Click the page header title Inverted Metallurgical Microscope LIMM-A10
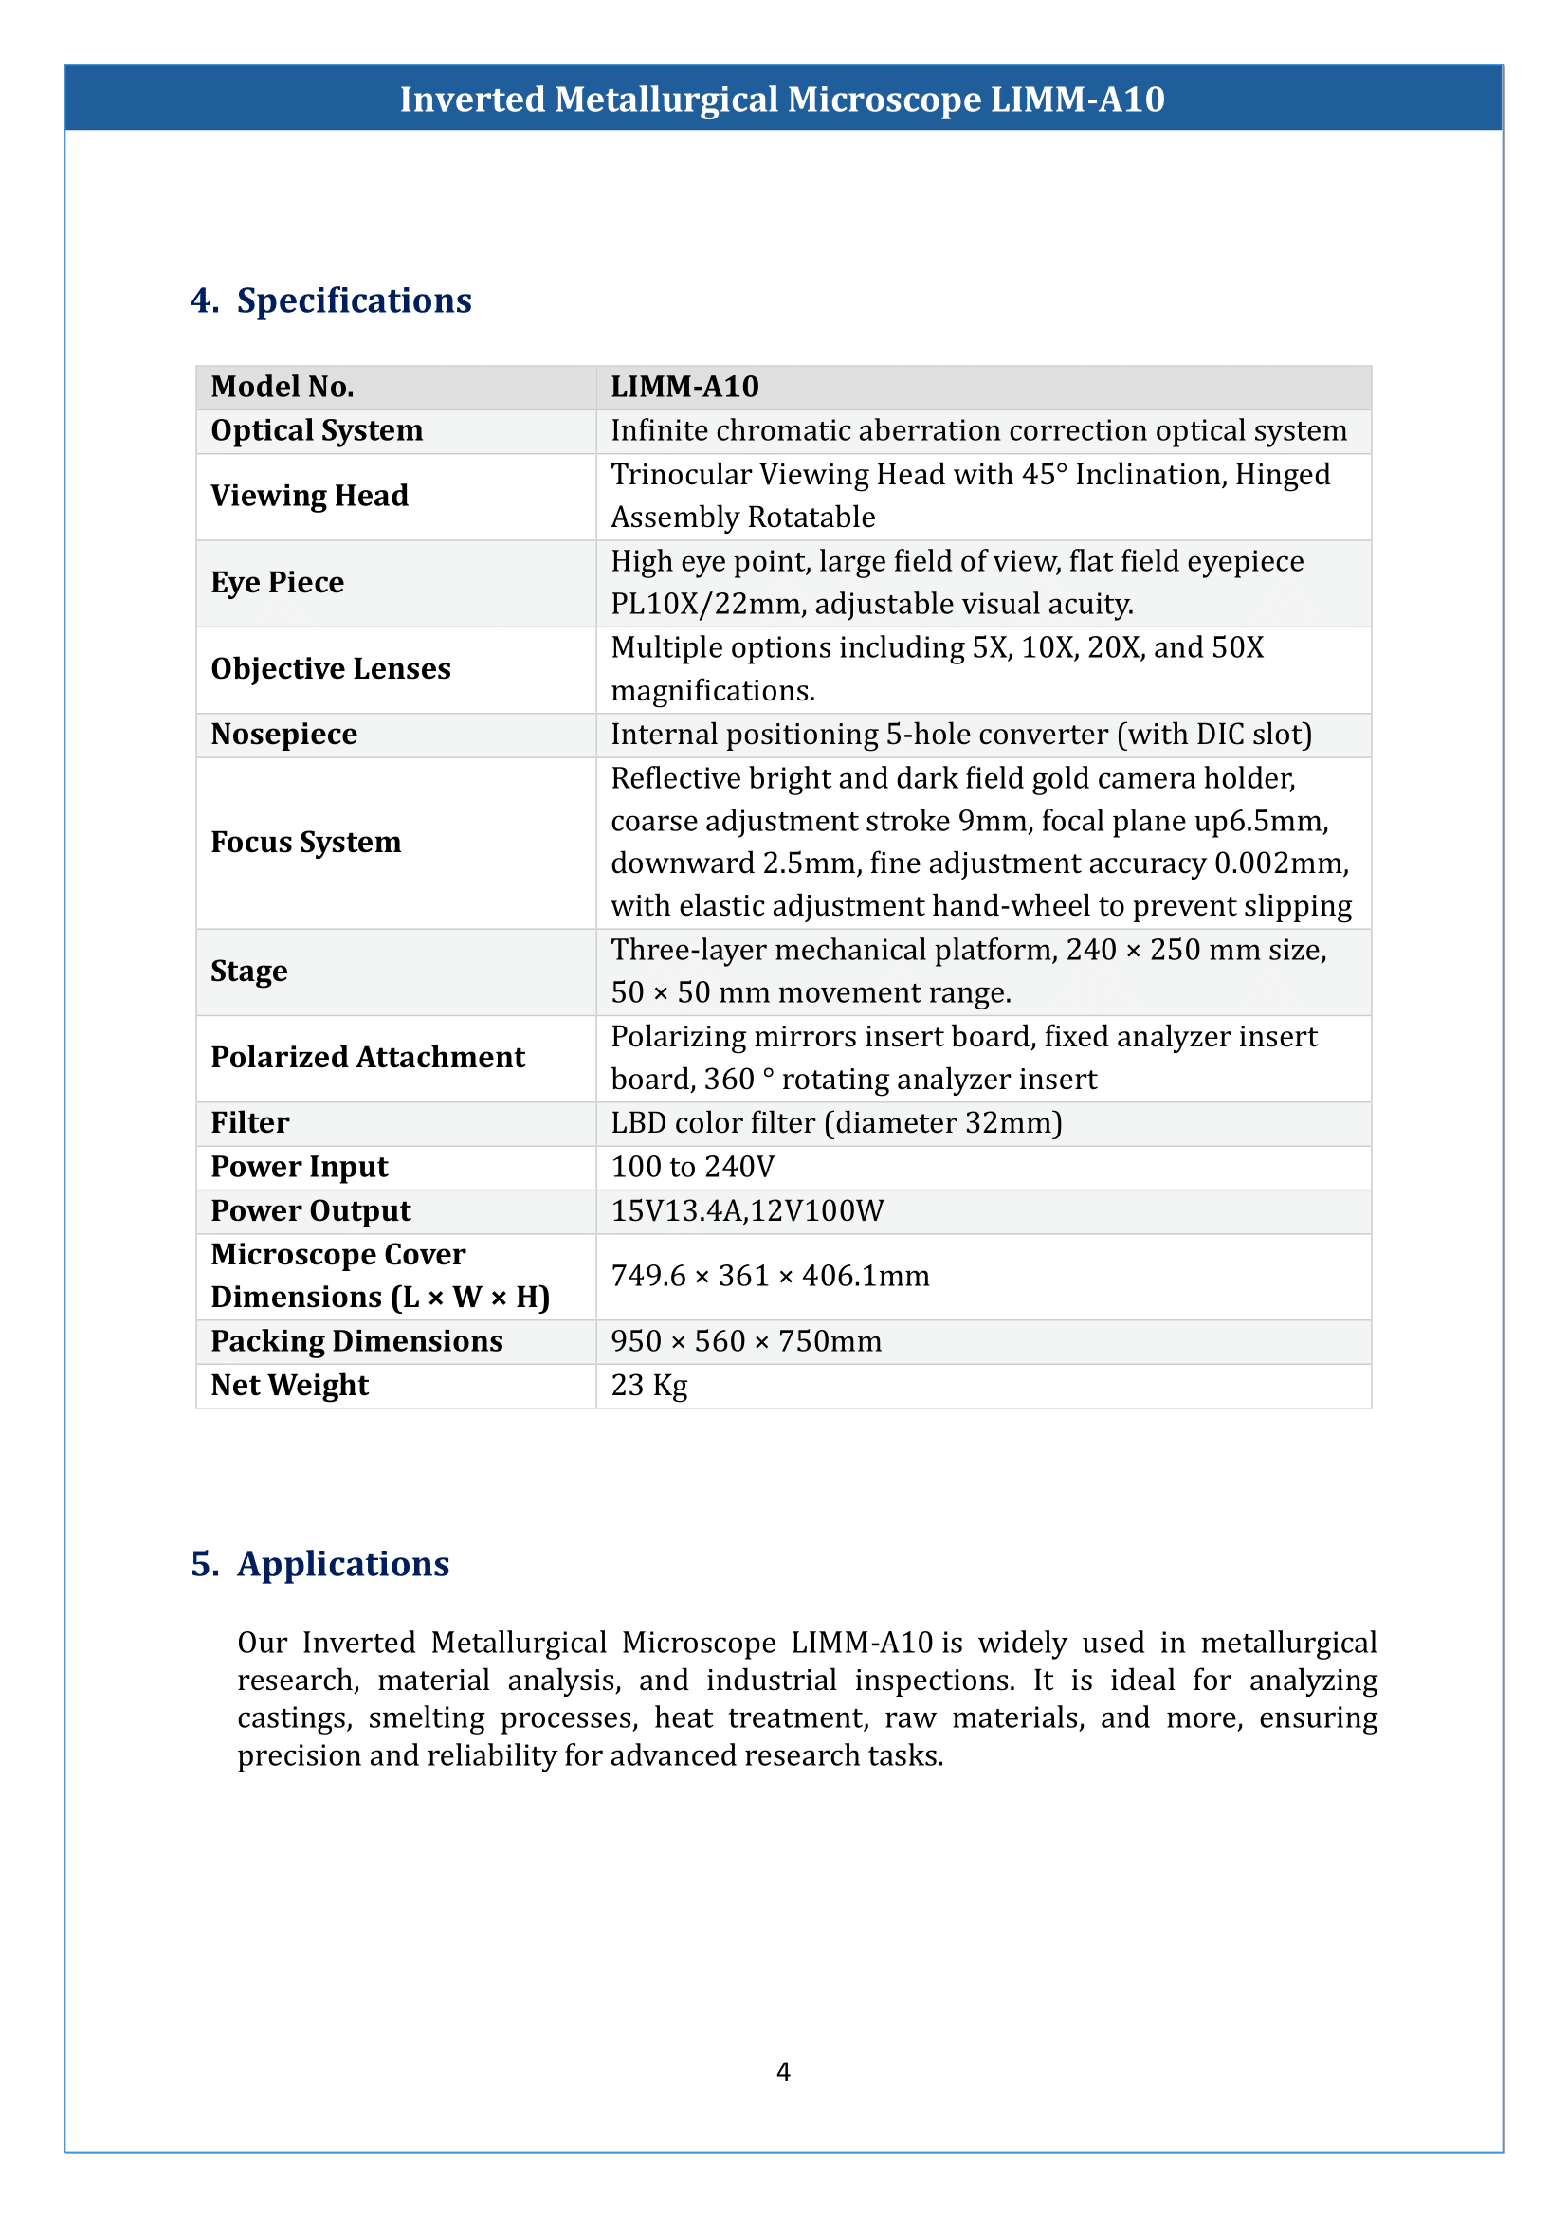pos(782,100)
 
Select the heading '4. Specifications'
pos(331,300)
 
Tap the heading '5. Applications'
pos(320,1563)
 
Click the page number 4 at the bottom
pos(783,2071)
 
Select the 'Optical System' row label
pos(317,430)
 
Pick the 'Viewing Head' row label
pos(309,496)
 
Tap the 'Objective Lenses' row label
pos(330,668)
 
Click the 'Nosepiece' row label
pos(283,734)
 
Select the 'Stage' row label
pos(249,971)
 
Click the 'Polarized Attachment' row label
pos(367,1058)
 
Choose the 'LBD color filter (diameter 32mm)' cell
pos(836,1123)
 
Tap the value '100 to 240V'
pos(692,1167)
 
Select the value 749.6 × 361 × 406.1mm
pos(770,1276)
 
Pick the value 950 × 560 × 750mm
pos(746,1341)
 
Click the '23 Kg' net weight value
pos(648,1386)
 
